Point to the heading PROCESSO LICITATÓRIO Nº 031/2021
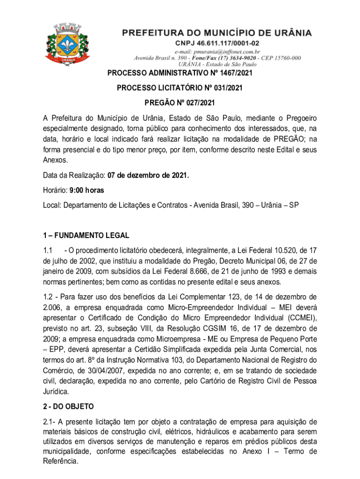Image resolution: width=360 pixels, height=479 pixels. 180,87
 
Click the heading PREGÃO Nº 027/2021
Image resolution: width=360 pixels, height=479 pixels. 180,102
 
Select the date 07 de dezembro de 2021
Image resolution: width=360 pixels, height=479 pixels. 148,176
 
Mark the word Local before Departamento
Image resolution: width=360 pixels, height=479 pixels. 49,205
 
